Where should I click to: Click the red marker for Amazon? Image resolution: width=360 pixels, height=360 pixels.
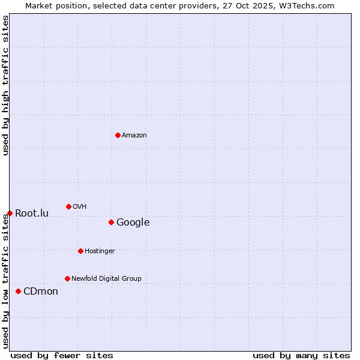coord(118,135)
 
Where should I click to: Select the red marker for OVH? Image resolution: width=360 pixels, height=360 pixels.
coord(68,206)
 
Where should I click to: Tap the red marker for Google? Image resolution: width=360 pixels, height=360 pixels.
coord(111,222)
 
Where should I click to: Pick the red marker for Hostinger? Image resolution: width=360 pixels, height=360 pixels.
coord(80,251)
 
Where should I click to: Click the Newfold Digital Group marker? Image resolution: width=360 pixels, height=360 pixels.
coord(67,278)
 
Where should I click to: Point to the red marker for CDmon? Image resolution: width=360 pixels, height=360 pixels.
coord(18,291)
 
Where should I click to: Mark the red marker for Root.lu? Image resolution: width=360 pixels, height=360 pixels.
coord(10,213)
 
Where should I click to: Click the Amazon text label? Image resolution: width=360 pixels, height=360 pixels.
coord(134,136)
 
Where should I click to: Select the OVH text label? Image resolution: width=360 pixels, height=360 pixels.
coord(80,207)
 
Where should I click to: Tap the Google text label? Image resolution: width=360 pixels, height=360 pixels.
coord(133,223)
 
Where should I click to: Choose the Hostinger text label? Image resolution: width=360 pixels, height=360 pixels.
coord(100,251)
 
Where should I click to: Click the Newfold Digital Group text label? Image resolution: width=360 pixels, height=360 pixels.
coord(106,279)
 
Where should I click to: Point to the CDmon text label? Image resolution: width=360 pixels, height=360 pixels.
coord(41,292)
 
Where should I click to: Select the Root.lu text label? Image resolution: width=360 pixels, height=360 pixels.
coord(32,214)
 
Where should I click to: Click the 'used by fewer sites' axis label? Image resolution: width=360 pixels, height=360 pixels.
coord(62,355)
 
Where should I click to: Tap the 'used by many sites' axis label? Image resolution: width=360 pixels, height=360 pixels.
coord(301,355)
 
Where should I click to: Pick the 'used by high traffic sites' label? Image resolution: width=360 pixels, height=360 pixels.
coord(5,85)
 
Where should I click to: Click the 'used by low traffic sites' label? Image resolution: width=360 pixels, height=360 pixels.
coord(5,281)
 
